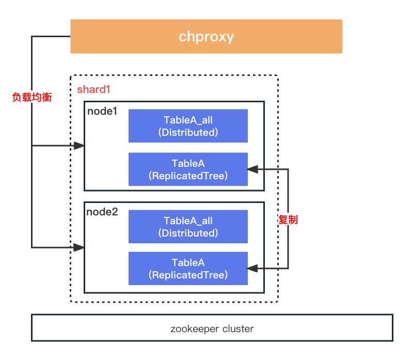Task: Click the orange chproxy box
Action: tap(206, 36)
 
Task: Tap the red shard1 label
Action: tap(94, 89)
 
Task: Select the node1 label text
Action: tap(102, 111)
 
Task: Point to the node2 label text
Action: tap(102, 212)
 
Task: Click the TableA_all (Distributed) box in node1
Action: tap(188, 126)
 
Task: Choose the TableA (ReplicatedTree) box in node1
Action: tap(188, 169)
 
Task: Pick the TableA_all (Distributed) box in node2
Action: tap(188, 227)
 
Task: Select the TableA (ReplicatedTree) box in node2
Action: tap(188, 269)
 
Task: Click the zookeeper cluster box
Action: tap(212, 328)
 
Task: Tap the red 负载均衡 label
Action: tap(32, 97)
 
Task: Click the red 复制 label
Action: tap(288, 220)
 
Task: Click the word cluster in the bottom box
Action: tap(239, 328)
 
